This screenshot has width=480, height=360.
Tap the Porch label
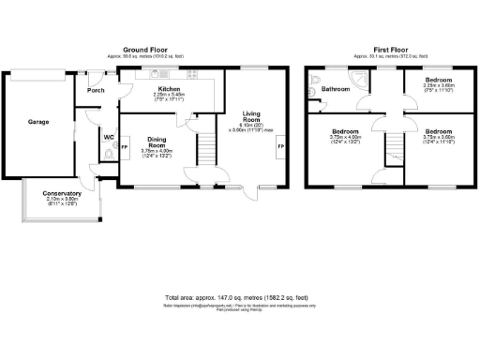pos(96,91)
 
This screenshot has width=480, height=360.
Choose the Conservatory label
pos(63,194)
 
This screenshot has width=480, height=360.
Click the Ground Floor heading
pos(145,49)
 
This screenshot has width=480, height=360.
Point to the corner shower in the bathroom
pos(360,82)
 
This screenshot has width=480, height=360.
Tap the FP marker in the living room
pos(280,149)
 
